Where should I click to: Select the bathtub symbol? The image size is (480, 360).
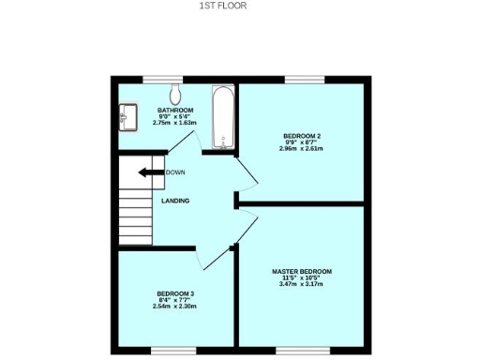(x=222, y=118)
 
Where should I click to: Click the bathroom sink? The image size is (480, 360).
(x=127, y=118)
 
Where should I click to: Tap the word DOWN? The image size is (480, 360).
(x=175, y=172)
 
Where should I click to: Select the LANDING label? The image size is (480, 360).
(x=175, y=201)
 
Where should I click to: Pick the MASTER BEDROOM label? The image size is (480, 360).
(x=301, y=271)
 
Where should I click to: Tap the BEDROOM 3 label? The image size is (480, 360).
(x=175, y=293)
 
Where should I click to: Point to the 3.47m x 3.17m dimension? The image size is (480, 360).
(x=301, y=283)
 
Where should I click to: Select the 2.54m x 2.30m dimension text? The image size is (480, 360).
(x=175, y=306)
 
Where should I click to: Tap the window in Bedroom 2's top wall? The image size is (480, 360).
(x=300, y=78)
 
